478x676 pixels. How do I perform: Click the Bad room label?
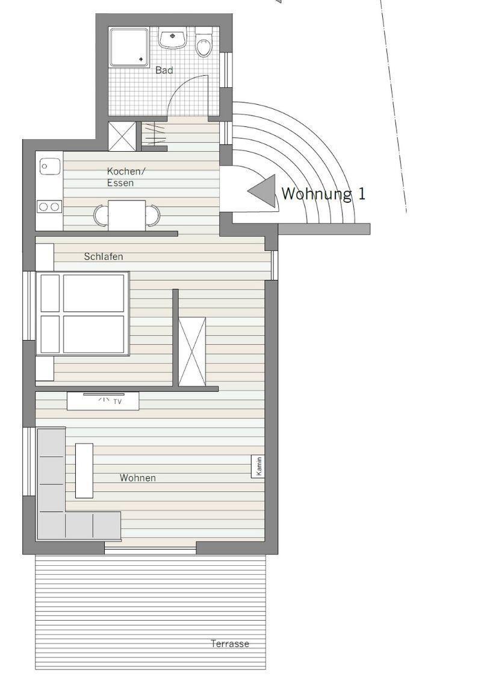point(164,70)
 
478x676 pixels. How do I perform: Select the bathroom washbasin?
point(172,38)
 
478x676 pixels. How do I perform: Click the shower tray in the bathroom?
point(129,47)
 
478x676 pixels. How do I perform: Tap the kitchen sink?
point(49,166)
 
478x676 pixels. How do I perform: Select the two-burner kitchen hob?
point(49,207)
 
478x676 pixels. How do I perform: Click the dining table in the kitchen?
point(126,215)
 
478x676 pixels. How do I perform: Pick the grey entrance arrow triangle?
point(262,190)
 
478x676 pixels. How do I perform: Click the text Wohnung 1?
point(324,194)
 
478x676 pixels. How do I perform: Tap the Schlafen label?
point(104,256)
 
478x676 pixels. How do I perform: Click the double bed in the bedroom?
point(82,314)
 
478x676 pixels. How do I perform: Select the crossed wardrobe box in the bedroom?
point(192,351)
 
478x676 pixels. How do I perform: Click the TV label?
point(117,402)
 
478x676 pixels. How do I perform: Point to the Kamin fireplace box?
point(258,467)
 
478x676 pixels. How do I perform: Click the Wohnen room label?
point(138,478)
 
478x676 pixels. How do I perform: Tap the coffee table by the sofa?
point(84,470)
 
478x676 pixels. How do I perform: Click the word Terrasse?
point(230,643)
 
